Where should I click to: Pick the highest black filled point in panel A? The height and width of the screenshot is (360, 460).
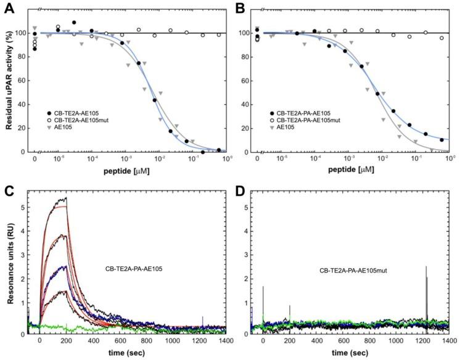pyautogui.click(x=74, y=22)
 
